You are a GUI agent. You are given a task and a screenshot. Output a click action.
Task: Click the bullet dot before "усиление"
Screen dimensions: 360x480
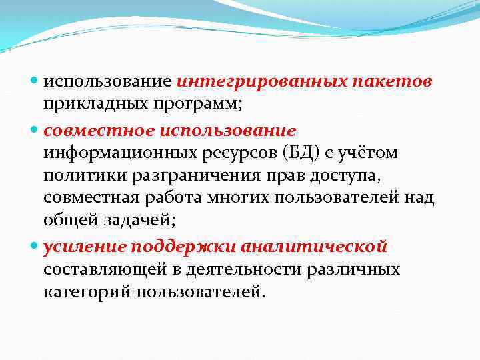[35, 247]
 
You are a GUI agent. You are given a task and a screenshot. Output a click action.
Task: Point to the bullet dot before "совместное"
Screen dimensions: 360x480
[35, 129]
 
